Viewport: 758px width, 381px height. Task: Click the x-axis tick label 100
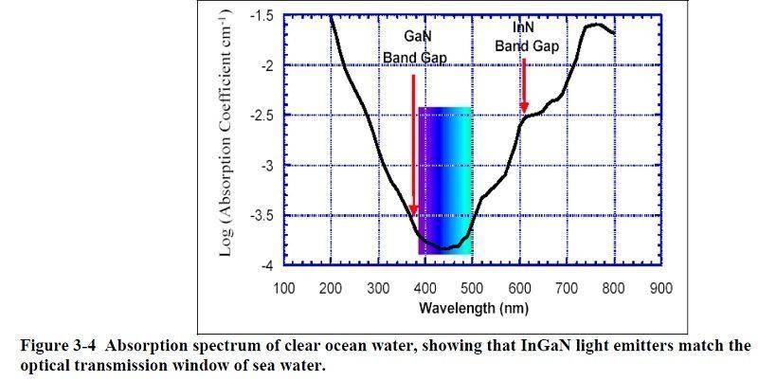point(283,287)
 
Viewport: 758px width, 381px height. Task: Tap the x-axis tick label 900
point(661,287)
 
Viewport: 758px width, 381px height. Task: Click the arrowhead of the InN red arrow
point(523,109)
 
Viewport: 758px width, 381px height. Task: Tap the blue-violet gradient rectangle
point(445,180)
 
